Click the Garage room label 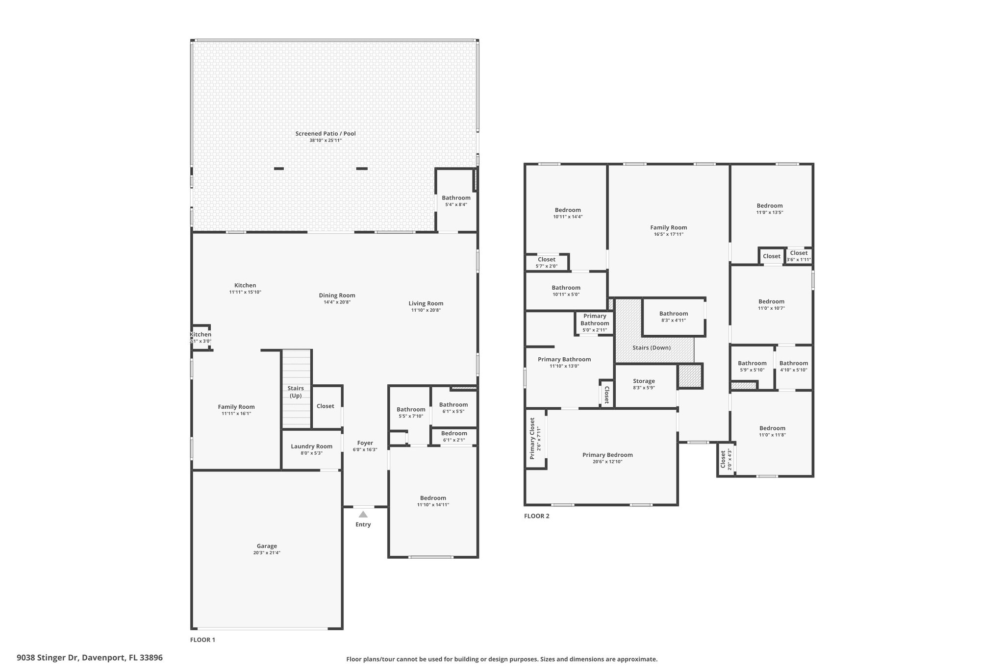click(267, 546)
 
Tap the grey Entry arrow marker click(363, 514)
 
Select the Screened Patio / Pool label click(326, 133)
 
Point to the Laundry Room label click(311, 446)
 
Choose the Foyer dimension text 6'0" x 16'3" click(365, 449)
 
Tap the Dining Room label click(337, 296)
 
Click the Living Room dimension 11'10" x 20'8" click(426, 310)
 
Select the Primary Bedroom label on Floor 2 click(607, 455)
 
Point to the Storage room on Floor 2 click(644, 381)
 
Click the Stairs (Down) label click(652, 347)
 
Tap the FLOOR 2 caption click(537, 516)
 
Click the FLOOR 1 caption click(202, 640)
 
